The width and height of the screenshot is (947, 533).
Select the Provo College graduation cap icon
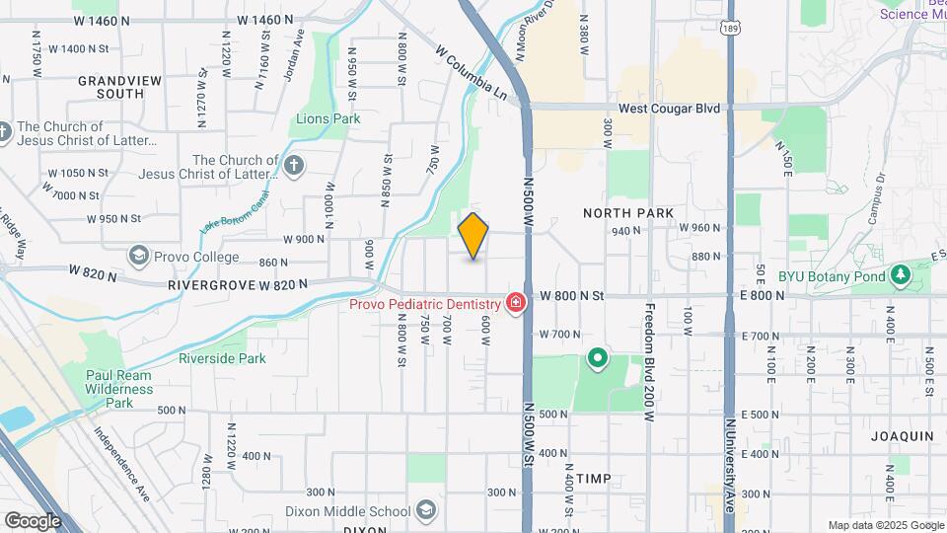point(137,256)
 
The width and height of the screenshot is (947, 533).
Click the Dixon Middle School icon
point(425,510)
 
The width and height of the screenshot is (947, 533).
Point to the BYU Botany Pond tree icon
point(899,275)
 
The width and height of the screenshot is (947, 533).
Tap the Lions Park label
point(328,119)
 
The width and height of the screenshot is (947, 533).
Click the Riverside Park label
point(222,358)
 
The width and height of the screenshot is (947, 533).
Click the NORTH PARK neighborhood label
point(628,213)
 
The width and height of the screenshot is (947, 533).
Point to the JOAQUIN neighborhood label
point(902,435)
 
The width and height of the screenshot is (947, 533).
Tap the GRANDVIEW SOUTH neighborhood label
point(112,87)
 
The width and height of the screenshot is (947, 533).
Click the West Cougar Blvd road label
point(669,109)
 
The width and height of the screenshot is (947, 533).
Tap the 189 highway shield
point(729,28)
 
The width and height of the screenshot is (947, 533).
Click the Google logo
point(33,520)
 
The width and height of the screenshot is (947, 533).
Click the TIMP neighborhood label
point(594,479)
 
